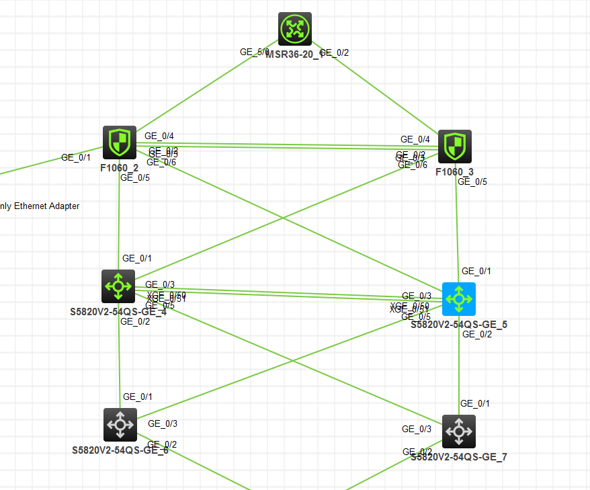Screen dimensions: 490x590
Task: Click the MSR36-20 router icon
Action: point(295,28)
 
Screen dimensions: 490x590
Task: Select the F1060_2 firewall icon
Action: point(120,142)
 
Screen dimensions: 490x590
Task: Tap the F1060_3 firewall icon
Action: point(455,147)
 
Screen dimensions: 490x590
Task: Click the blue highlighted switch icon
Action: point(459,298)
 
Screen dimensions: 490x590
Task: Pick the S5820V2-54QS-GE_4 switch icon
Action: point(118,286)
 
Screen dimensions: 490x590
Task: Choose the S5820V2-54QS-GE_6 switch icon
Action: point(120,425)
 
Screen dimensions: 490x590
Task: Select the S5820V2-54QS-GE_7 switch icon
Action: point(459,431)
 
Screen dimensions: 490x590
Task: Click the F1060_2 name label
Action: point(120,168)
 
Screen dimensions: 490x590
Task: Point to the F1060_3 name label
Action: point(455,172)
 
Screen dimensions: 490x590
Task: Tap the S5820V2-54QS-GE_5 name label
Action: point(459,325)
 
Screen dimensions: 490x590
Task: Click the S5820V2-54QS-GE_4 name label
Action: point(118,312)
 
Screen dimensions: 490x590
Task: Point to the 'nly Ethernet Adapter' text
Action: point(40,206)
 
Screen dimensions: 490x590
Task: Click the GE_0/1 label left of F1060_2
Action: point(76,157)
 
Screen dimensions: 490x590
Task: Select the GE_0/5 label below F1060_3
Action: point(472,181)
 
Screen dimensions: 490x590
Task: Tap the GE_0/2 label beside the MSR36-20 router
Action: point(335,52)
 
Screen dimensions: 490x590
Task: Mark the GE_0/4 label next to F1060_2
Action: point(159,136)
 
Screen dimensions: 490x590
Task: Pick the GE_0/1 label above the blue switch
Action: point(476,271)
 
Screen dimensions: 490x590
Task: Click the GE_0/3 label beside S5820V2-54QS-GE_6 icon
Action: point(163,423)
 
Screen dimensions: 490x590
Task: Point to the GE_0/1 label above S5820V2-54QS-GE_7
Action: point(475,403)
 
